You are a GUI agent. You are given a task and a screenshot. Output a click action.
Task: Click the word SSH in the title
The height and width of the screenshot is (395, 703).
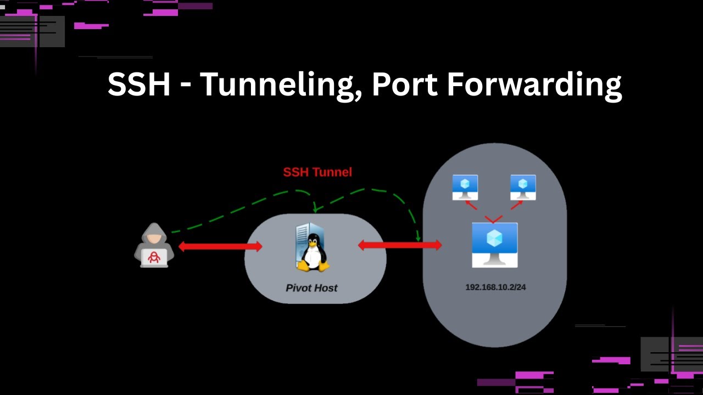[x=138, y=85]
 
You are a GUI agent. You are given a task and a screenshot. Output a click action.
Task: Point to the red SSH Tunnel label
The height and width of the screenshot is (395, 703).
[x=317, y=172]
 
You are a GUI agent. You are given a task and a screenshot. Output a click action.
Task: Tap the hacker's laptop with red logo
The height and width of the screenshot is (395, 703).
[x=154, y=257]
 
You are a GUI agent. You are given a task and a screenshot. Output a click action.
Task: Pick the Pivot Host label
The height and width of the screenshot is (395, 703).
[x=311, y=288]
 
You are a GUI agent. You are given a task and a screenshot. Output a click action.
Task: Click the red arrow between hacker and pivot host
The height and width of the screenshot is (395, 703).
[x=220, y=247]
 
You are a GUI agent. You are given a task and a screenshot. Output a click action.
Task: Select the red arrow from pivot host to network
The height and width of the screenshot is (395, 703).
[x=400, y=245]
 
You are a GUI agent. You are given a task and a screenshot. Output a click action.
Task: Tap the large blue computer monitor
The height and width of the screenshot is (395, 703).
[x=494, y=244]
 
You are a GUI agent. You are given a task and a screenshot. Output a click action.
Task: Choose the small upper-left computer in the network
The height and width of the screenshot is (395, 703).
[x=465, y=187]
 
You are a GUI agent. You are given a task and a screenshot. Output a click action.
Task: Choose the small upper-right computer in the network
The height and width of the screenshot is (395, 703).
[x=523, y=187]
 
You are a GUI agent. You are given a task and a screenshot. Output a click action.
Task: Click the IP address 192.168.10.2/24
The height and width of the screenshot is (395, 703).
[x=495, y=287]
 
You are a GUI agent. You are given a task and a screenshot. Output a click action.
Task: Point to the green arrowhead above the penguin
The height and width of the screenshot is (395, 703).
[x=315, y=208]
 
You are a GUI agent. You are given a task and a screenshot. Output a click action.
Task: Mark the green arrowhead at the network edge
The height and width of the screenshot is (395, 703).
[x=418, y=238]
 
